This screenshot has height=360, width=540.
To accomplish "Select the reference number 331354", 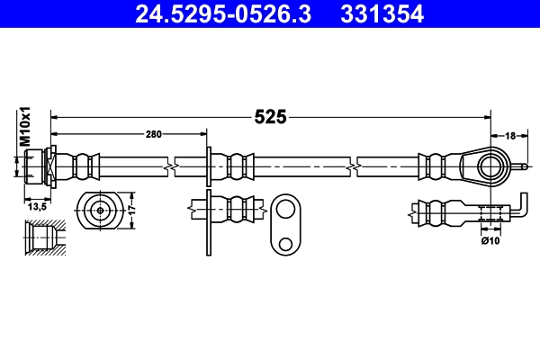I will coord(379,13).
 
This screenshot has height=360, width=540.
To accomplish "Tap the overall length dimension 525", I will coord(269,116).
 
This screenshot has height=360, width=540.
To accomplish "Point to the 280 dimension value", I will coord(153,135).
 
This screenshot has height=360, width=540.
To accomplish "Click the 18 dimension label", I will coord(509,135).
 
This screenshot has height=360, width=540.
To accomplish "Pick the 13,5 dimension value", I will coord(37,206).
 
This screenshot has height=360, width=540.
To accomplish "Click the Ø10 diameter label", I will coord(490,239).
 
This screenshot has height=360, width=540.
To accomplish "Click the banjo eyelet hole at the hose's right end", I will coord(489,166).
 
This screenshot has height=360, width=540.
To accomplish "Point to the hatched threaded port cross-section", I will coord(42,238).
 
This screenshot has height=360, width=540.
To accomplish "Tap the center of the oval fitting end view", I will coord(98,211).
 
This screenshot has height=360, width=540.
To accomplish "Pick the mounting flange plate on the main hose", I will coord(209,166).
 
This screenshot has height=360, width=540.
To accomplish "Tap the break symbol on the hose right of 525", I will coord(357,166).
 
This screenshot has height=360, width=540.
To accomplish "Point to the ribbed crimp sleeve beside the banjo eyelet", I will coord(434,166).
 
